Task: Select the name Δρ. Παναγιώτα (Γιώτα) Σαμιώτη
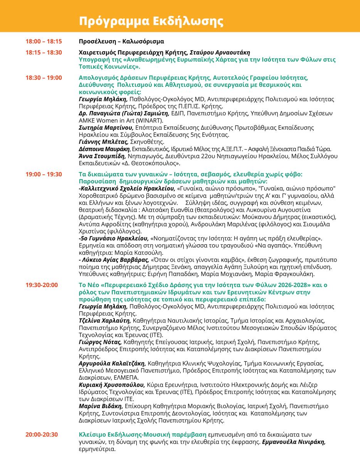(x=124, y=113)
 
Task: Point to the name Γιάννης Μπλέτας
(x=102, y=142)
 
